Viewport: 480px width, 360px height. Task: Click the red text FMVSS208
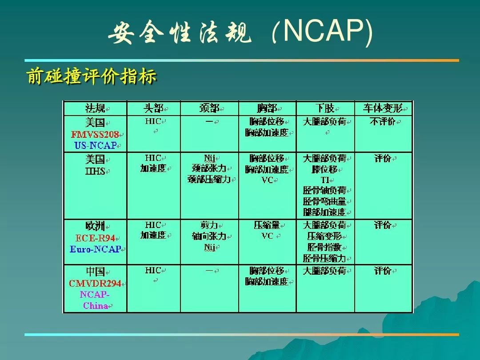(x=95, y=134)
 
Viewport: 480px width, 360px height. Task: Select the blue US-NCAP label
(x=96, y=145)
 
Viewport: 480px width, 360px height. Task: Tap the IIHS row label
(x=95, y=171)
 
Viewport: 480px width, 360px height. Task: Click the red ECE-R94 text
(x=95, y=238)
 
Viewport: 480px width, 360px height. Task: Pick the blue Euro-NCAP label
(x=96, y=249)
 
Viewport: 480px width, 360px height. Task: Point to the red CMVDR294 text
(x=95, y=284)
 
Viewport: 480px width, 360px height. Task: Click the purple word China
(x=96, y=305)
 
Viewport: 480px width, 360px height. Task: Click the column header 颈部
(x=209, y=108)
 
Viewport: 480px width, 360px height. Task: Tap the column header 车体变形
(x=383, y=108)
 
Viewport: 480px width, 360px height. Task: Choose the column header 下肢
(x=325, y=108)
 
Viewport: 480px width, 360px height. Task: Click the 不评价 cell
(x=383, y=121)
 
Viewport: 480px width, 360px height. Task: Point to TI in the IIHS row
(x=325, y=180)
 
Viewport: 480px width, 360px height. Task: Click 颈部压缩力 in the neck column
(x=209, y=179)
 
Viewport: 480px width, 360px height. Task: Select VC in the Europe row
(x=267, y=236)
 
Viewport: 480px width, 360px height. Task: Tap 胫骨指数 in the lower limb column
(x=324, y=247)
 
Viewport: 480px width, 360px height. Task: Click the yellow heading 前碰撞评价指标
(x=92, y=76)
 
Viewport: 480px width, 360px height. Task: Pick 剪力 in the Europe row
(x=209, y=225)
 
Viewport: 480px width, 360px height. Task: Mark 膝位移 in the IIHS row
(x=324, y=169)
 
